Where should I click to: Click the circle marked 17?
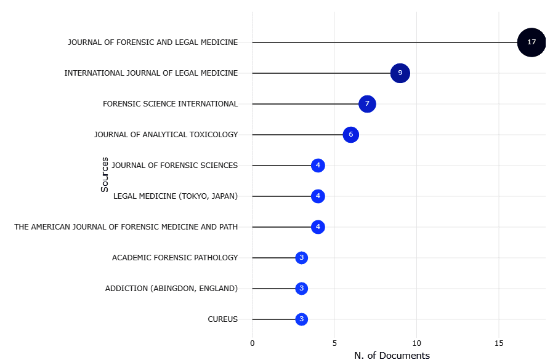tap(531, 42)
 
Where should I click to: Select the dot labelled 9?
tap(400, 73)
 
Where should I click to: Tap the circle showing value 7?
tap(367, 104)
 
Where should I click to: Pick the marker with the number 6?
tap(350, 135)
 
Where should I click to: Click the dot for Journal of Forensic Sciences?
tap(318, 166)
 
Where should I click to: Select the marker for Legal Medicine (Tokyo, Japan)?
tap(318, 196)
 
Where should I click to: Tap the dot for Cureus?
tap(301, 319)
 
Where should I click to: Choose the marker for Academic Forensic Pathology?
tap(301, 258)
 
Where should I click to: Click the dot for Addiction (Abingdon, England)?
tap(301, 289)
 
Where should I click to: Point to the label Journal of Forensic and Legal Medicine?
tap(153, 42)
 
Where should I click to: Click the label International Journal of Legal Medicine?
tap(151, 73)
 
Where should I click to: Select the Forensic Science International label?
tap(170, 104)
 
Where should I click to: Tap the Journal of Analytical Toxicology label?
tap(166, 135)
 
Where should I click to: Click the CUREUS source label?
tap(222, 319)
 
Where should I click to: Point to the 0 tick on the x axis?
tap(252, 343)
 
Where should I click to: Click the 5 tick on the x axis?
tap(334, 343)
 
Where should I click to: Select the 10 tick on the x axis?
tap(416, 343)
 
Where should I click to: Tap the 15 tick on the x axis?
tap(499, 343)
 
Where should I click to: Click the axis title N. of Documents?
tap(392, 355)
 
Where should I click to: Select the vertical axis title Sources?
tap(105, 175)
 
